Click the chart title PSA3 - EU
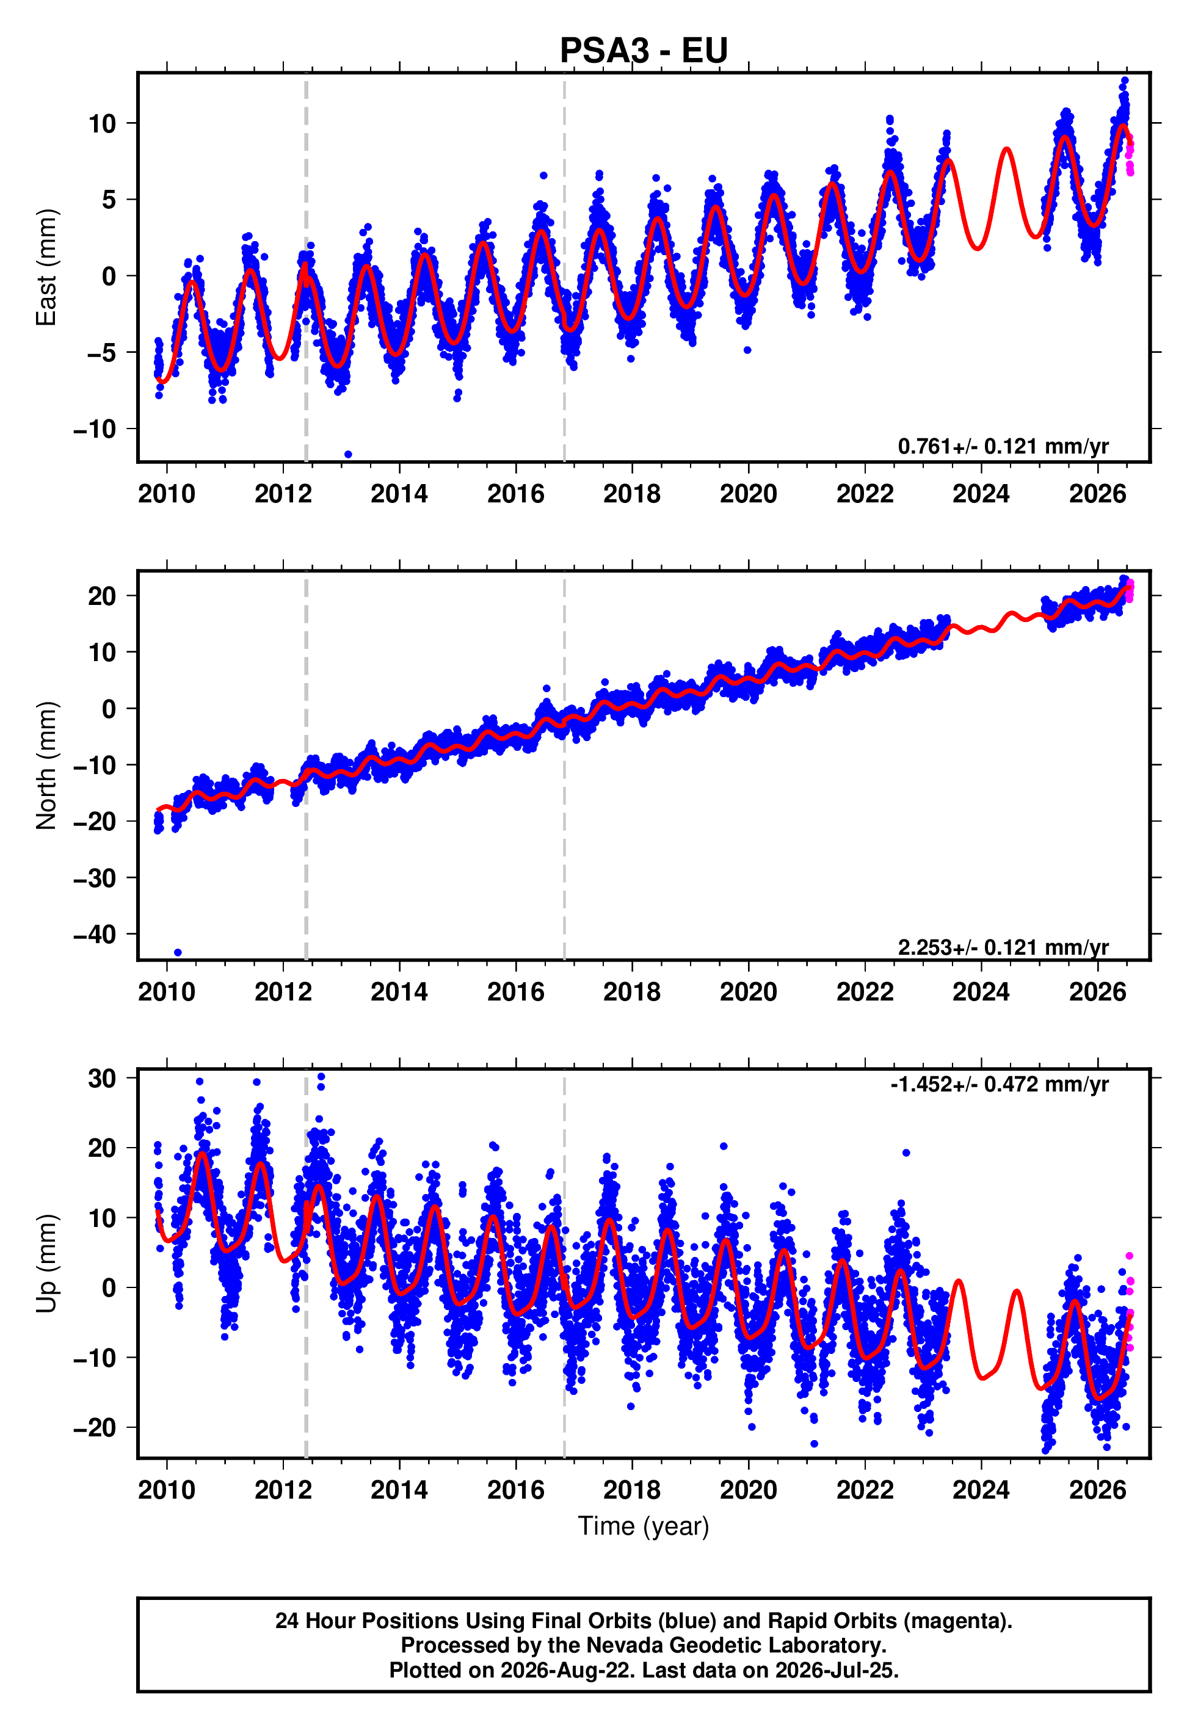coord(644,50)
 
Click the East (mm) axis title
coord(46,267)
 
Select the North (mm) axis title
coord(46,765)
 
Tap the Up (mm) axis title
coord(46,1264)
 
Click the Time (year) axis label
coord(644,1527)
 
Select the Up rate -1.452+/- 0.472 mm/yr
coord(999,1084)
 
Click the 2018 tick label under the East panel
coord(632,494)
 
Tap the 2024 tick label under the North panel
coord(981,992)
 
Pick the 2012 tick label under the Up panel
coord(283,1490)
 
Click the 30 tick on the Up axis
coord(103,1079)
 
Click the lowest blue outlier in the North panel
coord(178,953)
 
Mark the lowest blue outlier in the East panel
coord(348,455)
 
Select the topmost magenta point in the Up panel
coord(1129,1256)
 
